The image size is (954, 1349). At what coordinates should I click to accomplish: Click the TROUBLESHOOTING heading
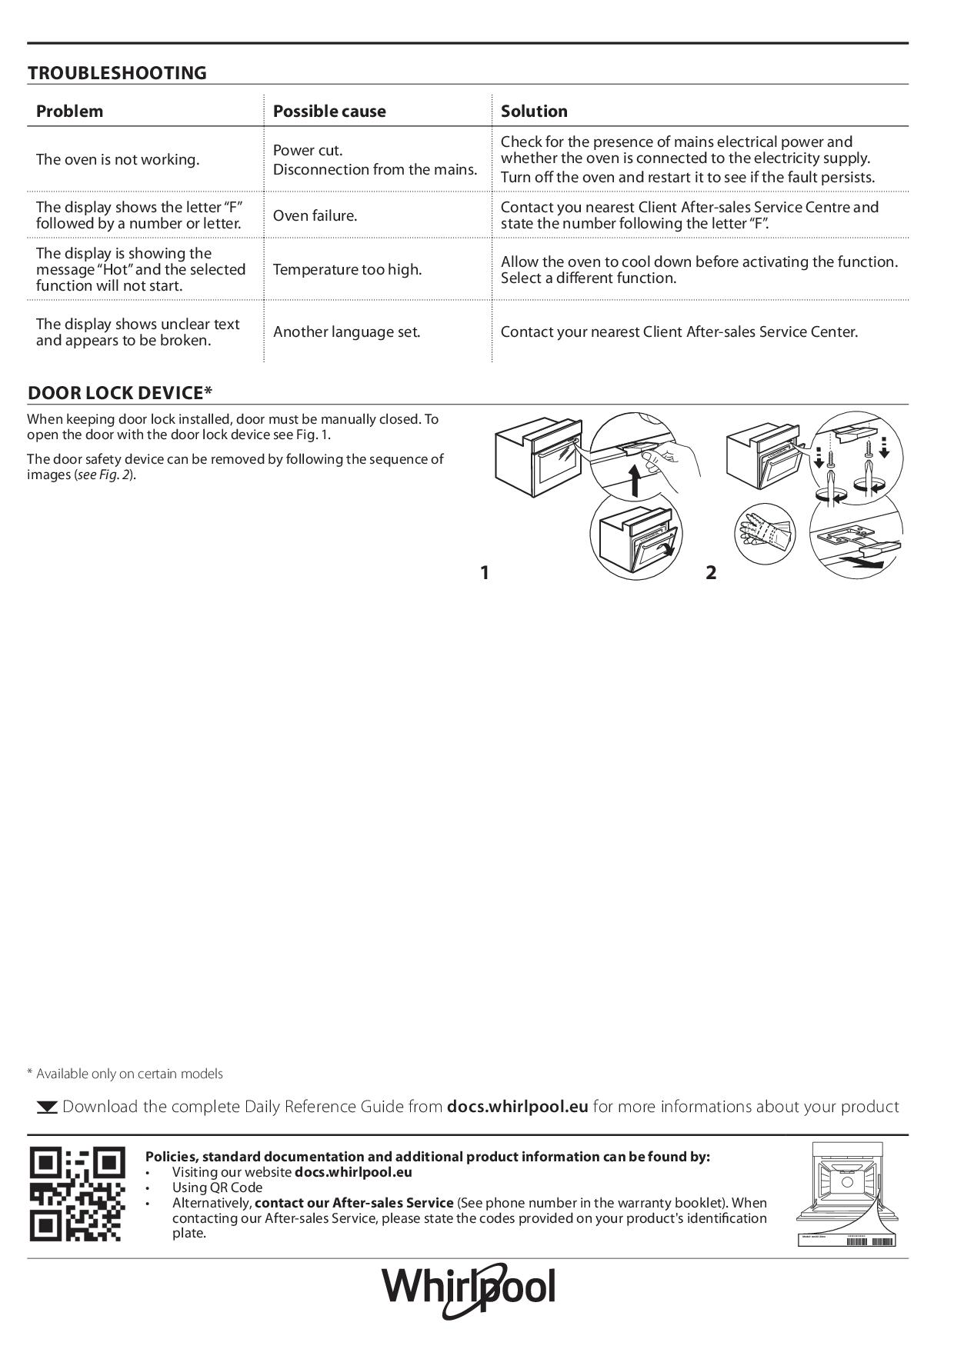point(117,73)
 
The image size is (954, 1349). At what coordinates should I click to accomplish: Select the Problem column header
point(69,111)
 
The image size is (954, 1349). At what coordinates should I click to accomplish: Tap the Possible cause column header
point(329,111)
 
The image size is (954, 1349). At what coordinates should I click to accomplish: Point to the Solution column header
point(534,111)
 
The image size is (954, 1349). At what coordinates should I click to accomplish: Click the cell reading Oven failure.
point(315,215)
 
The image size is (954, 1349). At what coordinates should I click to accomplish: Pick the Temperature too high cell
point(347,269)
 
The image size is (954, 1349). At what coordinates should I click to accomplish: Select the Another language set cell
point(346,331)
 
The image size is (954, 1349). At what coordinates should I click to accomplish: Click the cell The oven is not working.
point(117,159)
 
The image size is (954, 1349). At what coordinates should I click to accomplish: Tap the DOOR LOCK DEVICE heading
point(119,393)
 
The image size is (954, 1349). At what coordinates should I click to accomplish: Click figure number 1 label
point(484,572)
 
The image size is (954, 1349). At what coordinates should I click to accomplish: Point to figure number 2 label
point(711,572)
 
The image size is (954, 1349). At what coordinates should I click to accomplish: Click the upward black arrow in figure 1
point(635,481)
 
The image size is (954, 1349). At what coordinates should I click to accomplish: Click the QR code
point(77,1194)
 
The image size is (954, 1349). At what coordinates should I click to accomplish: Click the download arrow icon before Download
point(47,1108)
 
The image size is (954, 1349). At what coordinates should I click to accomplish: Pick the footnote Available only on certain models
point(125,1074)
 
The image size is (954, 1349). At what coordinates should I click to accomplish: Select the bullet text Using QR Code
point(217,1187)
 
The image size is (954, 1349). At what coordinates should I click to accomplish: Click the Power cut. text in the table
point(308,150)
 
